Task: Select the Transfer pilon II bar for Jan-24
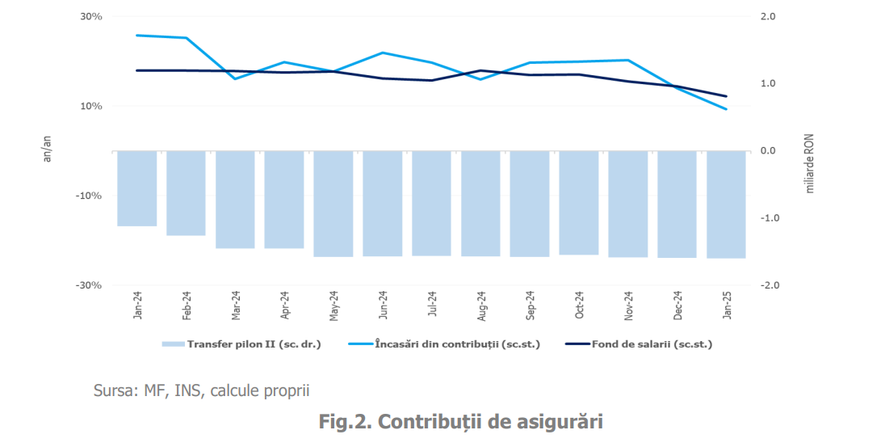point(136,188)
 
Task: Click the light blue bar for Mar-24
point(235,200)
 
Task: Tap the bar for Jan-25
point(726,205)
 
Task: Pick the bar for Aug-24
point(480,204)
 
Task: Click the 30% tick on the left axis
point(90,17)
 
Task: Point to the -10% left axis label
point(89,196)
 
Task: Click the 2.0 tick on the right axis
point(768,17)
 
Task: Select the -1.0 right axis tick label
point(769,218)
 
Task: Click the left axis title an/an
point(47,150)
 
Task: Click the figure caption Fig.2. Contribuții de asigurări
point(461,422)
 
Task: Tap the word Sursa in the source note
point(114,391)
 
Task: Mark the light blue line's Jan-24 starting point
point(137,36)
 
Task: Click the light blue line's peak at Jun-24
point(383,53)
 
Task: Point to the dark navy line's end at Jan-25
point(726,96)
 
